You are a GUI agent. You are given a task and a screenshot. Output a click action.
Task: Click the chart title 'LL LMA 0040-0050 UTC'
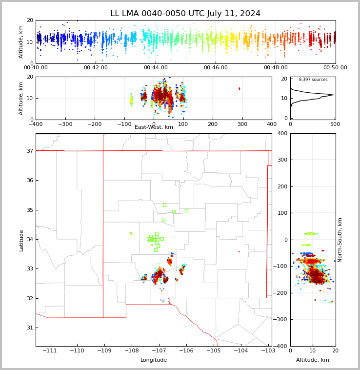point(185,14)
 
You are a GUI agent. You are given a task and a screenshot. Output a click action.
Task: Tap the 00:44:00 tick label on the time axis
point(156,68)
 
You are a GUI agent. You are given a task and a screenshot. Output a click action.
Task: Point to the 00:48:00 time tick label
point(276,68)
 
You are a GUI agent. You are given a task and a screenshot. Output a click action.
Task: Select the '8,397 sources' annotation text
point(313,80)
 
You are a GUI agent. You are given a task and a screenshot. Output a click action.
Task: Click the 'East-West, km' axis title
point(154,127)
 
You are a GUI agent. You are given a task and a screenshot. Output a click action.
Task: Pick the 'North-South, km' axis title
point(340,240)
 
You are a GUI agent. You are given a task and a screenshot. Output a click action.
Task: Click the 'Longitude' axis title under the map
point(154,360)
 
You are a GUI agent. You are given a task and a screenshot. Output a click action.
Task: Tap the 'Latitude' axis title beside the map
point(21,240)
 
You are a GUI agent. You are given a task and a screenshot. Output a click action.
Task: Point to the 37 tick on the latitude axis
point(29,151)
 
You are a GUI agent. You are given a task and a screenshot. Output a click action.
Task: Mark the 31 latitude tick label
point(29,328)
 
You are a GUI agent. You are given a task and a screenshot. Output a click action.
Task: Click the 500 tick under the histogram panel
point(335,124)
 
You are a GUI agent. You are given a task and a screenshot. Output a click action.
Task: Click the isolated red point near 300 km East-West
point(239,88)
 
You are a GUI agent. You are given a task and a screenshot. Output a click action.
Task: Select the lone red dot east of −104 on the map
point(239,252)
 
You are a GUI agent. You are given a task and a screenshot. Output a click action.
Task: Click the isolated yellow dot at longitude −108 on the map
point(131,233)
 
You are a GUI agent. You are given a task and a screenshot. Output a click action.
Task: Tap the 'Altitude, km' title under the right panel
point(313,360)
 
